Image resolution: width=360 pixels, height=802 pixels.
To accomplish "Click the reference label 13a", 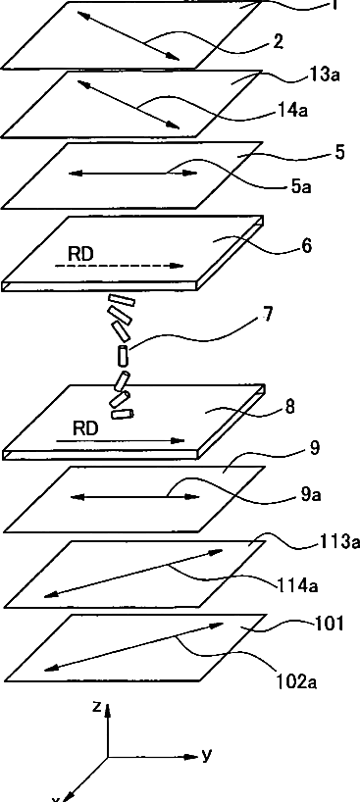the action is [325, 75].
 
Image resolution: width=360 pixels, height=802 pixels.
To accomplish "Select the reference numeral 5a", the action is [301, 187].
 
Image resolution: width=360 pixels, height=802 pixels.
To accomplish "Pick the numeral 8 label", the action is [290, 408].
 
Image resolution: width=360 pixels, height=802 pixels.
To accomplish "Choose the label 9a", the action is [310, 495].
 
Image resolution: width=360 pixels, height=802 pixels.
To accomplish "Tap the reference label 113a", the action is [339, 541].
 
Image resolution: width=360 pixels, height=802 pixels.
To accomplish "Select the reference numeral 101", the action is [327, 624].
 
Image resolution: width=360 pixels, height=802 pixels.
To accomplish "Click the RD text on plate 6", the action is [80, 255].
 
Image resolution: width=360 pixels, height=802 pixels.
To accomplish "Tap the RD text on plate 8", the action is [84, 428].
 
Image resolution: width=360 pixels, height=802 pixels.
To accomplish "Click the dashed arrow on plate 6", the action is [119, 266].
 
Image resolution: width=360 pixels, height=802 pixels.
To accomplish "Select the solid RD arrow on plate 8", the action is [120, 440].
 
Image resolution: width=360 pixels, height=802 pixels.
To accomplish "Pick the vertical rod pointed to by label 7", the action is [122, 356].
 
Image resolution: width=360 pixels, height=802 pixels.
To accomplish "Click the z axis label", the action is [96, 707].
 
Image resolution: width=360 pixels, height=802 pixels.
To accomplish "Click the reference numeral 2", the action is [278, 42].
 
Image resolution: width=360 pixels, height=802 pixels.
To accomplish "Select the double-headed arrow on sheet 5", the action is [132, 174].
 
